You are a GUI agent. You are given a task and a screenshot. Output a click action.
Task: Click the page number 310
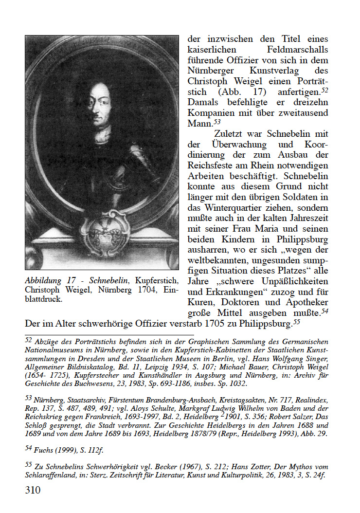pyautogui.click(x=33, y=490)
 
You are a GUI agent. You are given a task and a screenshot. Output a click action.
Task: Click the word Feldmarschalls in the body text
pyautogui.click(x=297, y=50)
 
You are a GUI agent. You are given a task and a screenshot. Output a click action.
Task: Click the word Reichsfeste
pyautogui.click(x=210, y=165)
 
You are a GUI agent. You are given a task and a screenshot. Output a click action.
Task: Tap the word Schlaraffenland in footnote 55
pyautogui.click(x=50, y=474)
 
